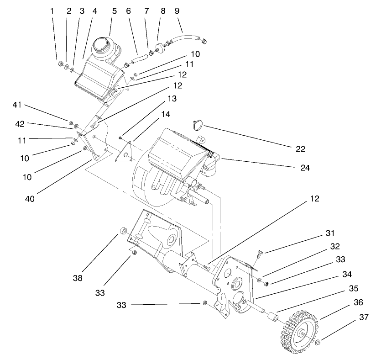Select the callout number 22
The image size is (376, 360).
[300, 148]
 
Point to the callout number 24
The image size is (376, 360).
[305, 168]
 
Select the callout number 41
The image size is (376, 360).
[17, 105]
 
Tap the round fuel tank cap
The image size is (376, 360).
[102, 46]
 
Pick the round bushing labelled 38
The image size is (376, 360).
[123, 230]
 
